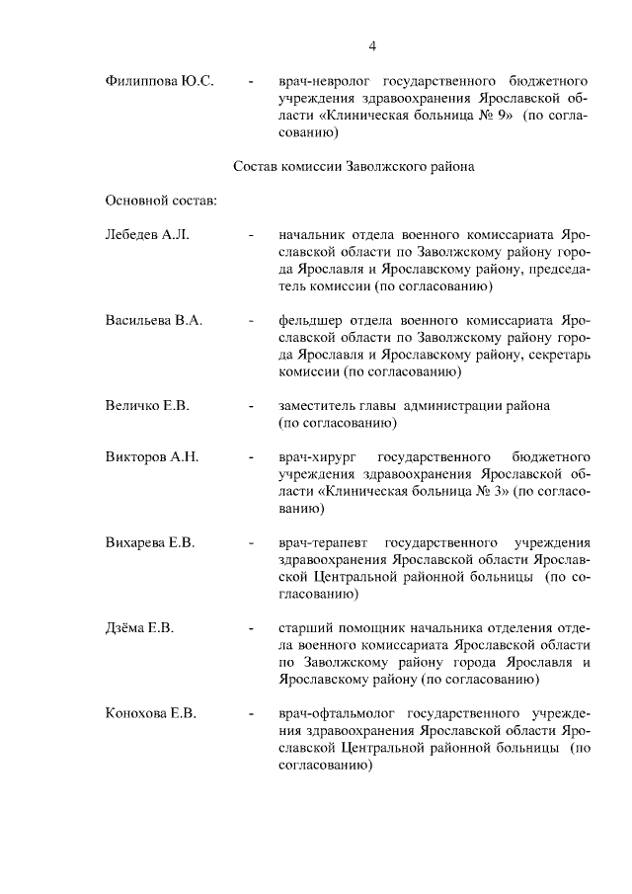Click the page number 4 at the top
pyautogui.click(x=373, y=45)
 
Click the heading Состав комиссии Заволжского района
pyautogui.click(x=353, y=167)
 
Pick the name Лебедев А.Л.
pyautogui.click(x=146, y=236)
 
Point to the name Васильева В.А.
pyautogui.click(x=153, y=321)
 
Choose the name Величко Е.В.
pyautogui.click(x=147, y=406)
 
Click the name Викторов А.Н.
pyautogui.click(x=152, y=457)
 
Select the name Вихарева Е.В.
pyautogui.click(x=150, y=542)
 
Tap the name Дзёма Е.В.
pyautogui.click(x=139, y=627)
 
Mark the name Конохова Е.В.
pyautogui.click(x=151, y=712)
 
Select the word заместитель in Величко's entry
pyautogui.click(x=319, y=406)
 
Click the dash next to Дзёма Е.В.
pyautogui.click(x=254, y=628)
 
